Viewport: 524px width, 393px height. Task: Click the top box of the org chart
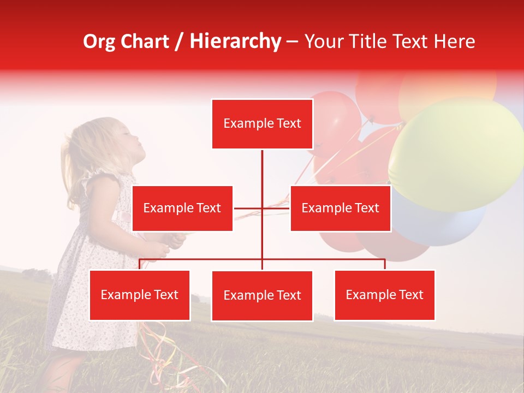click(x=262, y=124)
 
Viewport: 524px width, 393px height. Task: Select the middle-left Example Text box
click(x=182, y=208)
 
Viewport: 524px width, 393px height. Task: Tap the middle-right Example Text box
click(x=340, y=208)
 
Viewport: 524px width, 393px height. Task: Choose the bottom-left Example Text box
click(x=140, y=295)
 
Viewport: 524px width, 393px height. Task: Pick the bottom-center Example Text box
click(x=262, y=295)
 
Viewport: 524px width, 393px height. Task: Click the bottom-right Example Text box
click(x=384, y=295)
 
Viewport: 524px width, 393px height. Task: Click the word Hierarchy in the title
click(x=235, y=41)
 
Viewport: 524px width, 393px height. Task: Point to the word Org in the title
click(x=99, y=41)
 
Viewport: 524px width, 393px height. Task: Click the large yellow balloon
click(x=456, y=153)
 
